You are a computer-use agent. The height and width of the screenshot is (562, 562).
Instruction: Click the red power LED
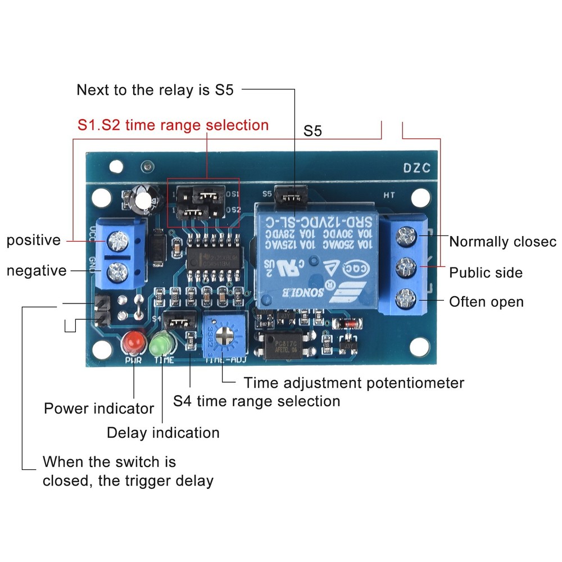(x=134, y=341)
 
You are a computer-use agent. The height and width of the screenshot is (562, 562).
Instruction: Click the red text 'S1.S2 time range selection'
(x=173, y=124)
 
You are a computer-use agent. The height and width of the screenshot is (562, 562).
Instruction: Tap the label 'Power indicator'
(x=99, y=409)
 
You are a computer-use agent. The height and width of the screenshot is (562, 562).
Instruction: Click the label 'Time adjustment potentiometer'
(x=353, y=383)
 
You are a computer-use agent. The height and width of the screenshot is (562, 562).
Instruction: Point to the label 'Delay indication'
(x=163, y=433)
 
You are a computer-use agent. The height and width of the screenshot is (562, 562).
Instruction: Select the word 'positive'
(x=33, y=241)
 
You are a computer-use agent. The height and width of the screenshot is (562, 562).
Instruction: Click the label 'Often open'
(x=486, y=302)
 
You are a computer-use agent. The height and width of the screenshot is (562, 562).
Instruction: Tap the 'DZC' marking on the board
(x=416, y=167)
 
